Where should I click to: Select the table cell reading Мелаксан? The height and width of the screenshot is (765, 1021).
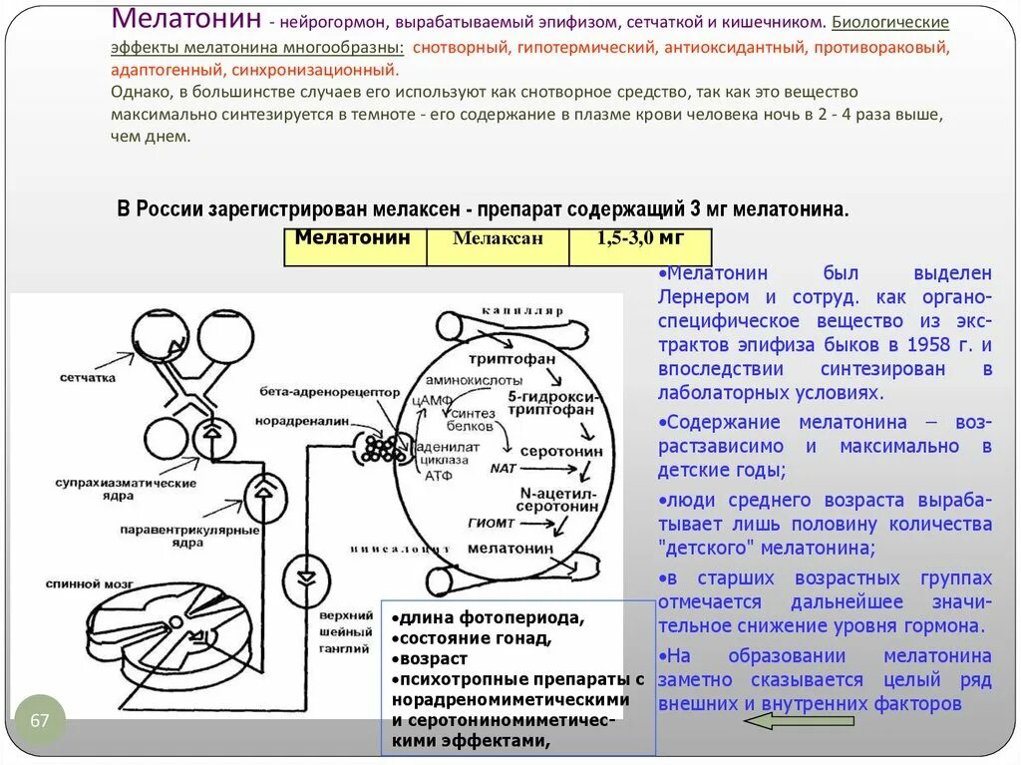(498, 239)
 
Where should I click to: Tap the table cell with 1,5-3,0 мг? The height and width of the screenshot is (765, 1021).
(640, 238)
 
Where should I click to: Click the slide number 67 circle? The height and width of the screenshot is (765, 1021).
(40, 720)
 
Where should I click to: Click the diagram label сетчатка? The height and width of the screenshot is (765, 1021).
(88, 378)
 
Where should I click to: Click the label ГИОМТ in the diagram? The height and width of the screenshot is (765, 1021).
(491, 523)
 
